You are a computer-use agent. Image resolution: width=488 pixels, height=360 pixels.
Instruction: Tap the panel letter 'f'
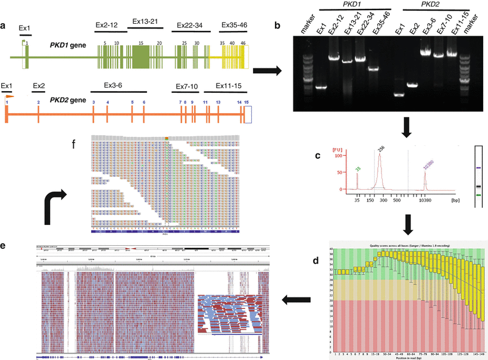point(73,144)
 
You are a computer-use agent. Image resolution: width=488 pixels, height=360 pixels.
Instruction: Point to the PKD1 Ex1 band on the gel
point(321,87)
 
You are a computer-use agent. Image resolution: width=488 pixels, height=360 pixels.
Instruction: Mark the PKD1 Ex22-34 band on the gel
point(359,58)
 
